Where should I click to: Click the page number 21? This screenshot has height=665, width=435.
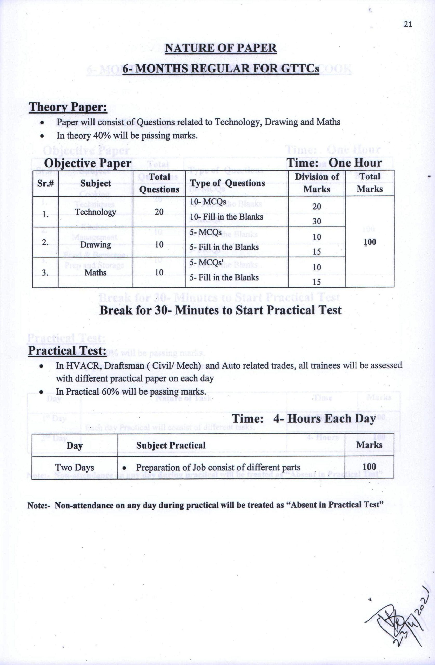click(408, 24)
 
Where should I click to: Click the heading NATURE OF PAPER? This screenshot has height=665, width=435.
click(220, 48)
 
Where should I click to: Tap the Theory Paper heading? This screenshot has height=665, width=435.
click(68, 107)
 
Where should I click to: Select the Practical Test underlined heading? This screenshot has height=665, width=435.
click(67, 350)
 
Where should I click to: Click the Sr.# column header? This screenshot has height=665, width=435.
click(45, 183)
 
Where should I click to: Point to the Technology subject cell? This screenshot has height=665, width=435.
click(95, 212)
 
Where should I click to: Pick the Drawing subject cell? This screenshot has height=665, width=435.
click(96, 245)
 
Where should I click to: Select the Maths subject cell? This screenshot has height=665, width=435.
click(95, 272)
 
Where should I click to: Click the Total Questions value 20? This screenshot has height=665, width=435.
click(159, 212)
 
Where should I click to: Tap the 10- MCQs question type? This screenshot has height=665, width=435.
click(208, 202)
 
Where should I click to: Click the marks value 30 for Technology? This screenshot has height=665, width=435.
click(317, 221)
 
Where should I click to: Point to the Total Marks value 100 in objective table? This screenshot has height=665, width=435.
click(370, 242)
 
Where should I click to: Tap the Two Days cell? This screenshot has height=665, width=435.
click(75, 468)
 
